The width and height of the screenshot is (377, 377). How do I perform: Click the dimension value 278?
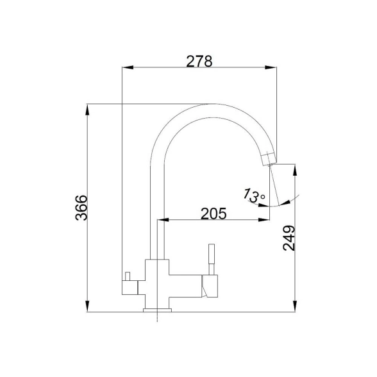pyautogui.click(x=199, y=62)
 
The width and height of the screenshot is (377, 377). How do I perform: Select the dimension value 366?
pyautogui.click(x=81, y=208)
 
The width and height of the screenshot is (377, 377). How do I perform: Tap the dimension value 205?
pyautogui.click(x=214, y=214)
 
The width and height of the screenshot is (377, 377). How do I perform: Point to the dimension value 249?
pyautogui.click(x=289, y=238)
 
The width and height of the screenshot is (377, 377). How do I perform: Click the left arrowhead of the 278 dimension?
pyautogui.click(x=128, y=67)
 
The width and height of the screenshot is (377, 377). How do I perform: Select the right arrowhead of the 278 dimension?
pyautogui.click(x=271, y=67)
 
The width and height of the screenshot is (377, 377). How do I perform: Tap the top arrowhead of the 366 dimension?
pyautogui.click(x=87, y=110)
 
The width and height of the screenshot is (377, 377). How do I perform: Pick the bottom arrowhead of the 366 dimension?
pyautogui.click(x=87, y=306)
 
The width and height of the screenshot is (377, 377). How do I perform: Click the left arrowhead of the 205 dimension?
pyautogui.click(x=163, y=219)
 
